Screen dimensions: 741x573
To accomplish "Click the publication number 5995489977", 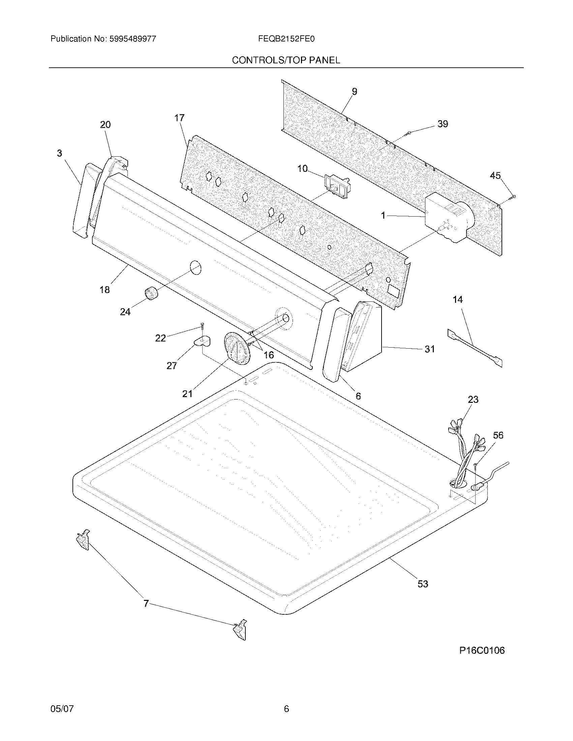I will click(x=133, y=39).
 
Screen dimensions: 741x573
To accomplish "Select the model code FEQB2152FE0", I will click(x=286, y=39).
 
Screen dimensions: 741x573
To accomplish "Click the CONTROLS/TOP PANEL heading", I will click(x=286, y=60).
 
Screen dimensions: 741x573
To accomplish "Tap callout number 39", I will click(x=442, y=124).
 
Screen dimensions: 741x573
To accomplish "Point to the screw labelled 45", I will click(x=513, y=196).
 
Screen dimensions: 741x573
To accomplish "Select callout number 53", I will click(x=423, y=584).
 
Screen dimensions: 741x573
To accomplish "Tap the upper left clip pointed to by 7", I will click(x=83, y=540).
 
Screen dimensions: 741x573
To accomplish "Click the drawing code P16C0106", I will click(x=482, y=660).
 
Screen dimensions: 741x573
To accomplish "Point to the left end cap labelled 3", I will click(x=81, y=200).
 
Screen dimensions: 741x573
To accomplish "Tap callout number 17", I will click(x=179, y=118).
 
